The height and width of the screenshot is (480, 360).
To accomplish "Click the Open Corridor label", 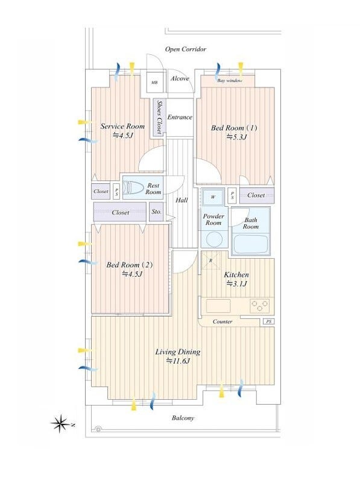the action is click(x=186, y=49).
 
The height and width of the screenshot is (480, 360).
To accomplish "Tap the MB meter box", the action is click(x=154, y=82).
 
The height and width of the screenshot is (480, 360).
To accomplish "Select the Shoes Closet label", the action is click(x=159, y=117).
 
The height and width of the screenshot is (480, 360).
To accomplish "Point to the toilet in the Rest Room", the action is click(x=133, y=188).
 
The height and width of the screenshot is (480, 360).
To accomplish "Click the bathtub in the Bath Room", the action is click(x=251, y=244).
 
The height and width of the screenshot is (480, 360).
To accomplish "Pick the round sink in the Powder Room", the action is click(x=214, y=239).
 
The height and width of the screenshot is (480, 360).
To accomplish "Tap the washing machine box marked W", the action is click(x=213, y=197).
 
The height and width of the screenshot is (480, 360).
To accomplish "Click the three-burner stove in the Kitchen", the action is click(x=259, y=306).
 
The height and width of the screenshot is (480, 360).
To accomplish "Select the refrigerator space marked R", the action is click(x=210, y=261).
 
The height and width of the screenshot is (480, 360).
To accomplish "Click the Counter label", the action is click(x=223, y=321).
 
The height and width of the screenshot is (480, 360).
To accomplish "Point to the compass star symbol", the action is click(x=61, y=424).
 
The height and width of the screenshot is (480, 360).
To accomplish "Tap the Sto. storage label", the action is click(x=156, y=212).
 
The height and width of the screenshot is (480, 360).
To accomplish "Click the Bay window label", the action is click(x=230, y=81).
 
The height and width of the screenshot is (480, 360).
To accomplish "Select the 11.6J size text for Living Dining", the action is click(x=178, y=361).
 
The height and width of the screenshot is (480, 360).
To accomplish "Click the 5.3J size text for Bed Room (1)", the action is click(x=236, y=137).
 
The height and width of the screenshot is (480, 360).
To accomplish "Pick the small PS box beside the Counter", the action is click(x=268, y=321).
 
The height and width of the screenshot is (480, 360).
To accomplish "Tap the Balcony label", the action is click(x=183, y=418).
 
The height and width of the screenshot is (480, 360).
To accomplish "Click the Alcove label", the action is click(x=180, y=78).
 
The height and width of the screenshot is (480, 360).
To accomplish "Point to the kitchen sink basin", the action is click(x=218, y=306).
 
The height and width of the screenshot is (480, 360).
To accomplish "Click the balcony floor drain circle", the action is click(x=98, y=429).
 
